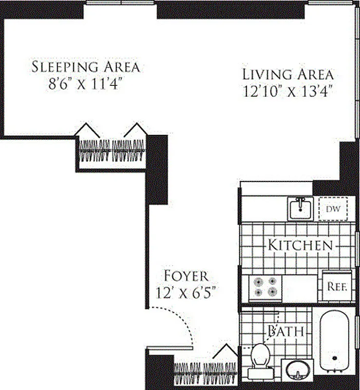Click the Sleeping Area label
click(86, 67)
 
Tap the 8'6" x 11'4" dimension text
click(86, 83)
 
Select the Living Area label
click(288, 75)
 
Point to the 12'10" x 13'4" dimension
click(288, 92)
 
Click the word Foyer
click(186, 276)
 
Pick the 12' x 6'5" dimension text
click(186, 292)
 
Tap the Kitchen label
click(301, 245)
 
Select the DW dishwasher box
click(333, 209)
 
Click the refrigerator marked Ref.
click(336, 287)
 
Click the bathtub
click(335, 341)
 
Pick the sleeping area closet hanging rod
click(112, 151)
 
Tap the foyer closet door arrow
click(226, 351)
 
